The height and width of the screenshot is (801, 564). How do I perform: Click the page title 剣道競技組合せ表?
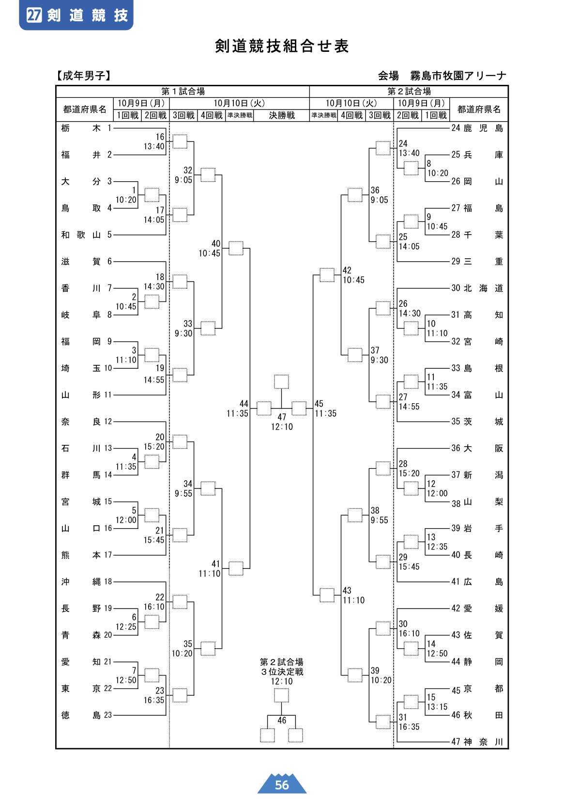coord(281,46)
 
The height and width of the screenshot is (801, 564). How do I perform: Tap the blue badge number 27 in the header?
coord(34,15)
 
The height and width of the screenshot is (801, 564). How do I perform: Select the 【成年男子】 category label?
coord(84,76)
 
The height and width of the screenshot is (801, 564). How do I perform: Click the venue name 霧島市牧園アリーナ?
coord(458,76)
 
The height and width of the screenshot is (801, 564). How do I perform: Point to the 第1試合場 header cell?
coord(183,91)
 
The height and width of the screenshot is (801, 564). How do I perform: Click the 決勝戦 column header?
coord(282,115)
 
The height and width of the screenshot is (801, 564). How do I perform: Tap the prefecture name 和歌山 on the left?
coord(81,235)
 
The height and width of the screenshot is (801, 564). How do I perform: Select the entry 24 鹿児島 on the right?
coord(477,128)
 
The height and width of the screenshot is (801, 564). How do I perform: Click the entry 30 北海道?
coord(477,288)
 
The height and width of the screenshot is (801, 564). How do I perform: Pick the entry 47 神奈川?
coord(477,742)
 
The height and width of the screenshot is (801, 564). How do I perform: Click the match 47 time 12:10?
coord(282,426)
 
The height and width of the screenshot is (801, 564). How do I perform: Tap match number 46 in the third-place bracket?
coord(282,720)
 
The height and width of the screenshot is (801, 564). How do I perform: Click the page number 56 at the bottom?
coord(282,785)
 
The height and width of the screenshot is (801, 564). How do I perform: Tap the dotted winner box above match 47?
coord(281,381)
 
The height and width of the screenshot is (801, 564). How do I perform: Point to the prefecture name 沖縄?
coord(81,581)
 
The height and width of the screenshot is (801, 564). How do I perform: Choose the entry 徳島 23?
coord(87,715)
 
